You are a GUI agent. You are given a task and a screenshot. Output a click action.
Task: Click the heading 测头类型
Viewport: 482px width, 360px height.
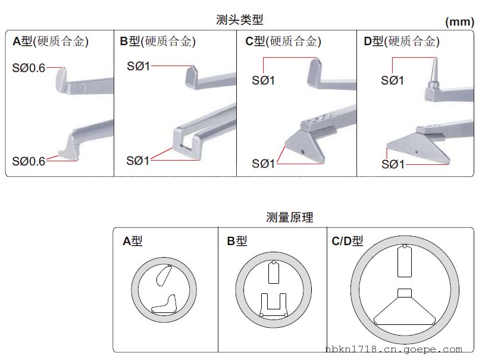(x=239, y=20)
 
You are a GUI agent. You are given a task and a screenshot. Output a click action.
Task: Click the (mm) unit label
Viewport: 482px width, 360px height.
(x=459, y=22)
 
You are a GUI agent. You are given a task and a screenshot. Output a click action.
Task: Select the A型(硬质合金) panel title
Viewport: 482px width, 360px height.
(x=51, y=41)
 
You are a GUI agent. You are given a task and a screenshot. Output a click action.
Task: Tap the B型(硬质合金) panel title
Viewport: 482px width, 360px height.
(x=158, y=41)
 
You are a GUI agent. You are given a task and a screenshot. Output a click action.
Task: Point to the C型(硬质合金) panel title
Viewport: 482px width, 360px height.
(x=283, y=41)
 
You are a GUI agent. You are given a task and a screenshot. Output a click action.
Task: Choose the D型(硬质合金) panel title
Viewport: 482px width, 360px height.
(x=402, y=41)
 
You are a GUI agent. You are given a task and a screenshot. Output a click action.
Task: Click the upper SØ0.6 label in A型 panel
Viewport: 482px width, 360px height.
(x=29, y=68)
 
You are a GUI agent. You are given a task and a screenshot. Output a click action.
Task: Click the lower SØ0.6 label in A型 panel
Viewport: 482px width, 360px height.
(x=29, y=161)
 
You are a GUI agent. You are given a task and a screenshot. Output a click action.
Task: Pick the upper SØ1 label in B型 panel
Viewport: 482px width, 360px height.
(x=138, y=66)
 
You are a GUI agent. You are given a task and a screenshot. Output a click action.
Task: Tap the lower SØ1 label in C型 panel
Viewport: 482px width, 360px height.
(x=263, y=164)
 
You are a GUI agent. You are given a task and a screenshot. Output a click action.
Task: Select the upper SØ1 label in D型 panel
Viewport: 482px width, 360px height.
(x=392, y=80)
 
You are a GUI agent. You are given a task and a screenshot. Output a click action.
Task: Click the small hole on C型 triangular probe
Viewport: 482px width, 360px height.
(x=302, y=152)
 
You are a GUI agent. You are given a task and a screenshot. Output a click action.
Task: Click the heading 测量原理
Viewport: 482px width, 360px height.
(x=290, y=217)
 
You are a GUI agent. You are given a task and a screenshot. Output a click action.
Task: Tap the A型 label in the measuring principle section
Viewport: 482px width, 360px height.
(x=132, y=241)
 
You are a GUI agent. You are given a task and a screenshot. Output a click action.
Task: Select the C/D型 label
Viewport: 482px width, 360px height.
(x=348, y=241)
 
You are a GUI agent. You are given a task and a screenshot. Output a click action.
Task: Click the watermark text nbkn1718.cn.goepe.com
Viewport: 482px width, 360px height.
(x=394, y=349)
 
